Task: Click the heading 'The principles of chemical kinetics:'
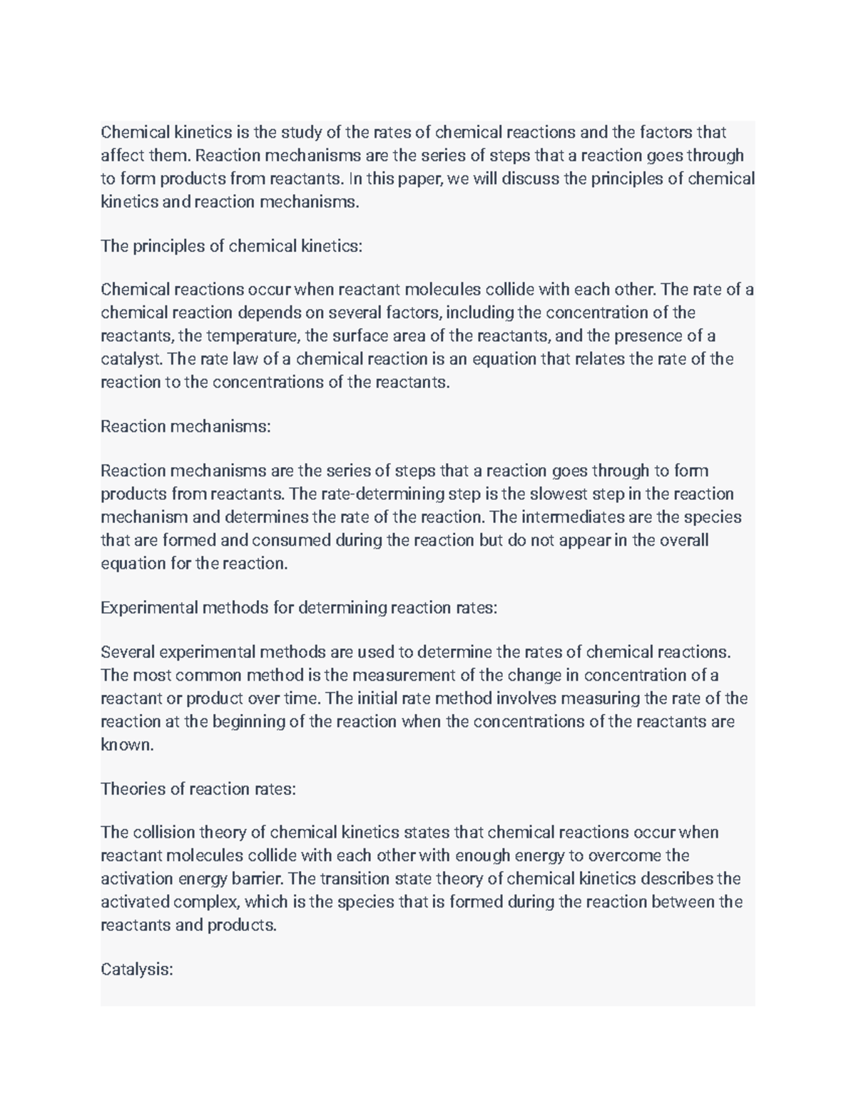click(232, 246)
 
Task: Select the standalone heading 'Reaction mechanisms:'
click(185, 427)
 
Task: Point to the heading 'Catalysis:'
click(137, 970)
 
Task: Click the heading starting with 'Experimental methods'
click(298, 608)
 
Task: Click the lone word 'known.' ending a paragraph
click(127, 745)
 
